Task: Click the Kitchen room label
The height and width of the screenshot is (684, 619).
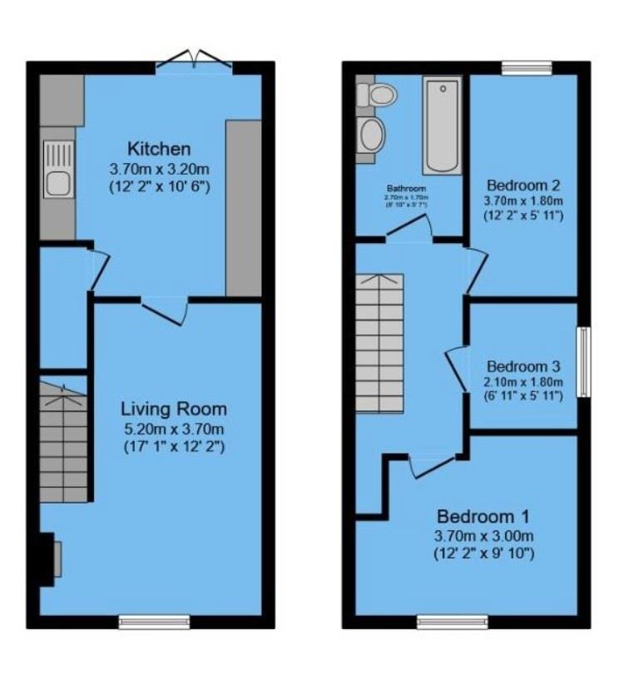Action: click(x=159, y=149)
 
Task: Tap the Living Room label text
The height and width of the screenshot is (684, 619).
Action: click(x=174, y=409)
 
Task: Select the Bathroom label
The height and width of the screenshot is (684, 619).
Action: click(x=406, y=189)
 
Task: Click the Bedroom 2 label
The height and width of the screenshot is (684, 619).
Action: click(x=524, y=185)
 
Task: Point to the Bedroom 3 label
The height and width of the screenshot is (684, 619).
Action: click(x=524, y=366)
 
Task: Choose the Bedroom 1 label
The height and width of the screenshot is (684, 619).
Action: click(x=483, y=515)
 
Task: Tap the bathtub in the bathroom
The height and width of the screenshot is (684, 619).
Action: click(x=442, y=125)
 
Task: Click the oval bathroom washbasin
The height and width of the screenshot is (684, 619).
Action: click(x=372, y=133)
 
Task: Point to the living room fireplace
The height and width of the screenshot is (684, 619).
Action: click(x=49, y=558)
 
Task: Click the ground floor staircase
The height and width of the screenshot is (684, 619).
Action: click(x=63, y=441)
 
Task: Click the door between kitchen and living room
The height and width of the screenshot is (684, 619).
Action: click(x=164, y=308)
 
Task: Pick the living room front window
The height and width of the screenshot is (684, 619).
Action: click(x=154, y=621)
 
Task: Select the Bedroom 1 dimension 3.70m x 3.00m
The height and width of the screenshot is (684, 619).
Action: click(x=483, y=535)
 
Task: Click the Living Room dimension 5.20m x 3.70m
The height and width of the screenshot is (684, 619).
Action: click(x=174, y=429)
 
